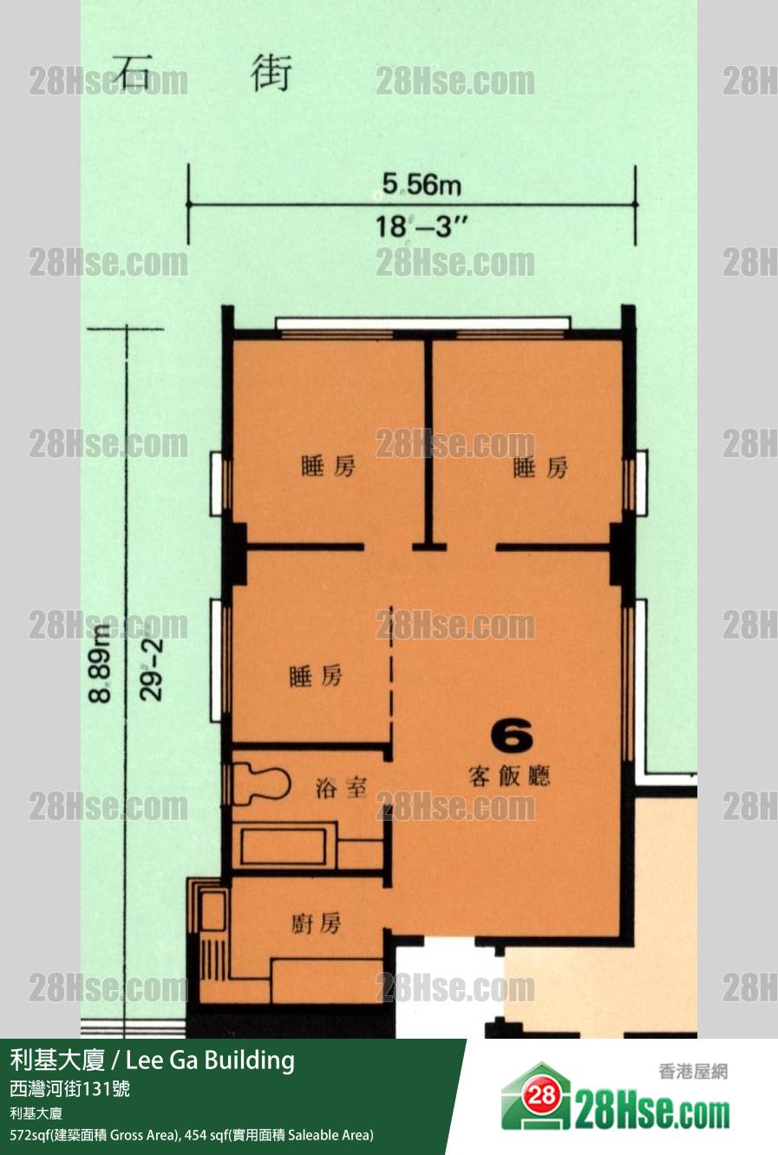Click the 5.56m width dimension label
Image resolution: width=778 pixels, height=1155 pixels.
422,184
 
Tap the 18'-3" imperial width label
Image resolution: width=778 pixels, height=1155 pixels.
422,226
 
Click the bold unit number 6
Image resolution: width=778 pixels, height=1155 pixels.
511,736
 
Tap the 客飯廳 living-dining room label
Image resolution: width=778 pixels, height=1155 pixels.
509,776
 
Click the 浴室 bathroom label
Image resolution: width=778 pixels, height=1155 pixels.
341,787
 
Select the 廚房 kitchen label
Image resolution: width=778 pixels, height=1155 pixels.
316,923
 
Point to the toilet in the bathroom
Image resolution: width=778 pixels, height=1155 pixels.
260,784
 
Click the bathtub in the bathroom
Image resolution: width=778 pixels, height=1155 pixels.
284,845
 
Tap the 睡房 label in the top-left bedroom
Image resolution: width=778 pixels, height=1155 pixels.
328,466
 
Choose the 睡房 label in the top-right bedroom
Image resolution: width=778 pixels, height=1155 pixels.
540,467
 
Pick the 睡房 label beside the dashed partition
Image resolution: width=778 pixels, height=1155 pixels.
316,675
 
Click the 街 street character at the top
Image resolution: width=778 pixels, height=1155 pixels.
271,73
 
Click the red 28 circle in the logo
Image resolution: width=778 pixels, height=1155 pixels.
541,1094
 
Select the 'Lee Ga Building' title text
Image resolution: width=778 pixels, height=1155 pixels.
210,1060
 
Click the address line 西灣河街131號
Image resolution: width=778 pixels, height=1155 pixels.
69,1088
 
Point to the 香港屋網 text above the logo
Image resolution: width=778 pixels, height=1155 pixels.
693,1072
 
